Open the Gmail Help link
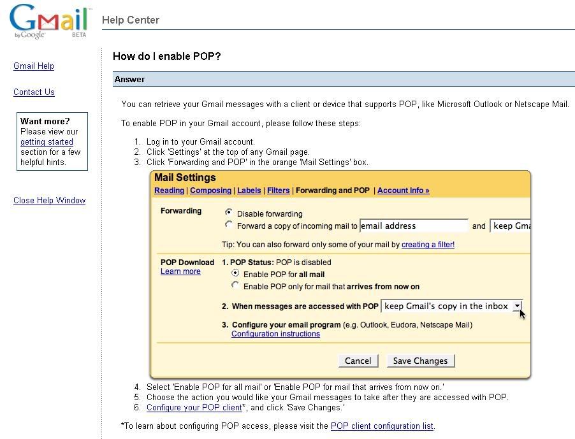pos(34,66)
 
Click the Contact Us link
pos(34,92)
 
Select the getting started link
pos(47,142)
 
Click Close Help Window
pos(49,201)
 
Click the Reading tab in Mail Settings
pos(169,191)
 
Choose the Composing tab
pos(210,191)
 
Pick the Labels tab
pos(249,191)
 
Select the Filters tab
pos(279,191)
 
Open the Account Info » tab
pos(403,191)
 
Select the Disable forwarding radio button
pos(229,212)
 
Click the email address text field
pos(414,226)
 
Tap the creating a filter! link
pos(428,245)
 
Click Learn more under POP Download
pos(180,271)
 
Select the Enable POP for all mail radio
pos(235,273)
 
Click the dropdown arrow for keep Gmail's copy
pos(517,306)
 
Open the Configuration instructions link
pos(275,334)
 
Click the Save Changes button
pos(420,361)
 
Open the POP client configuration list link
pos(382,426)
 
